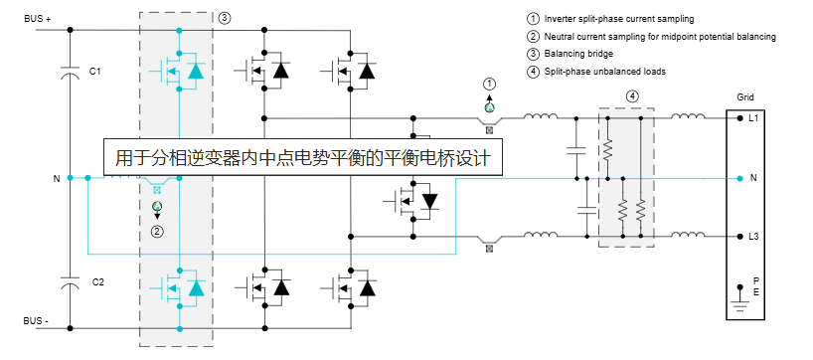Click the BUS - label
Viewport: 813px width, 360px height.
pyautogui.click(x=37, y=321)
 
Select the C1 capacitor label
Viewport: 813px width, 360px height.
pyautogui.click(x=95, y=72)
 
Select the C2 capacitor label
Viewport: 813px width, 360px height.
pyautogui.click(x=97, y=281)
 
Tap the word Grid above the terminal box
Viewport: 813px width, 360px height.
pyautogui.click(x=745, y=98)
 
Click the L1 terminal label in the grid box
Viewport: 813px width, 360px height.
pyautogui.click(x=753, y=118)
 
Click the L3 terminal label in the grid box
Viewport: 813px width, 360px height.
pyautogui.click(x=753, y=237)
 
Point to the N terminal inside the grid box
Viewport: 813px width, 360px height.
pyautogui.click(x=753, y=178)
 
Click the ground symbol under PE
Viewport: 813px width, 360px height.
pyautogui.click(x=738, y=296)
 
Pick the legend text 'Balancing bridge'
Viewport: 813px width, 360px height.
pyautogui.click(x=579, y=54)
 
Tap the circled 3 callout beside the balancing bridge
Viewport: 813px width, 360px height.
pyautogui.click(x=224, y=18)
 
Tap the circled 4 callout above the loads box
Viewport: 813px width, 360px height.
pyautogui.click(x=632, y=95)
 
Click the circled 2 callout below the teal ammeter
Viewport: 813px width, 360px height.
pyautogui.click(x=156, y=231)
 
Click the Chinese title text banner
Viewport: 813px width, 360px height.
pyautogui.click(x=303, y=157)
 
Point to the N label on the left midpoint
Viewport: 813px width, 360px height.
pyautogui.click(x=57, y=179)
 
